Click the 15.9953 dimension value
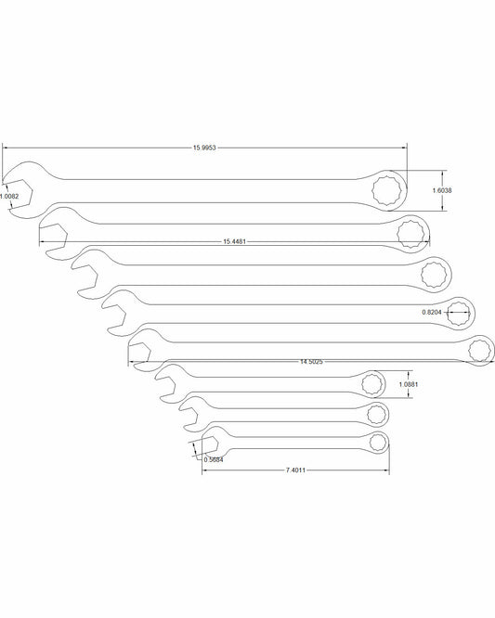click(207, 148)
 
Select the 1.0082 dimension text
click(8, 197)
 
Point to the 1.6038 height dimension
click(442, 190)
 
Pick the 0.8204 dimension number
click(432, 312)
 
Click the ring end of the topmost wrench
click(385, 190)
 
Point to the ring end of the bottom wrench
click(378, 443)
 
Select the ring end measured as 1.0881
click(371, 383)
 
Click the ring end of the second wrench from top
click(409, 231)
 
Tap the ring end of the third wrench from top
click(432, 275)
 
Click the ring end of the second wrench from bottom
click(376, 412)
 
